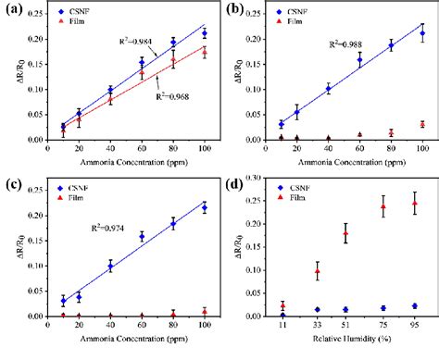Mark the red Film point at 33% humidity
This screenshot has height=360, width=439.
(317, 272)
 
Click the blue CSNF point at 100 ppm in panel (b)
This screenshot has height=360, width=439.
(422, 33)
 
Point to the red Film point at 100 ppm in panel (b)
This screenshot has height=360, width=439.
(422, 124)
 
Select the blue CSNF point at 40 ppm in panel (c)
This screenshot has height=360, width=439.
(111, 267)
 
